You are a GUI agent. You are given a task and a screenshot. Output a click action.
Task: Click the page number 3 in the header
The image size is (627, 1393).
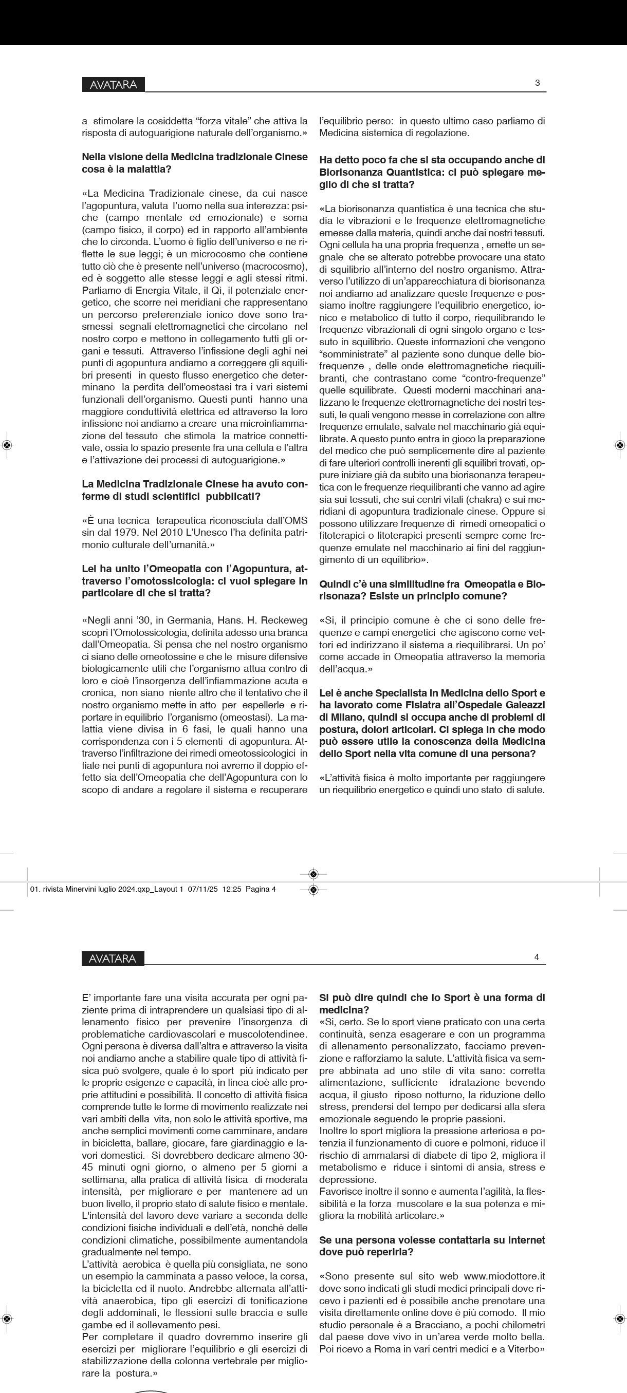tap(537, 83)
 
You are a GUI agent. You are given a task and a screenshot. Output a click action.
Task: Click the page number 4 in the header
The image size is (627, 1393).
tap(537, 956)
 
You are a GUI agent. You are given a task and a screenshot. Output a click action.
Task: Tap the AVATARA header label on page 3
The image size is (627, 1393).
tap(114, 84)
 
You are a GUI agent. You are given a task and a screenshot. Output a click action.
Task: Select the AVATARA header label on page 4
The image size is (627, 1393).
tap(113, 958)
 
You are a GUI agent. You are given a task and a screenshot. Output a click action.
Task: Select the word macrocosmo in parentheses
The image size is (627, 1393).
tap(279, 266)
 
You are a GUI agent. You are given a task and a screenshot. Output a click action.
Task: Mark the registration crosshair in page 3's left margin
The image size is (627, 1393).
tap(7, 445)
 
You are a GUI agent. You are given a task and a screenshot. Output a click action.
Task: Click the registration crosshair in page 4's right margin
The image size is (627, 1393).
tap(620, 1319)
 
